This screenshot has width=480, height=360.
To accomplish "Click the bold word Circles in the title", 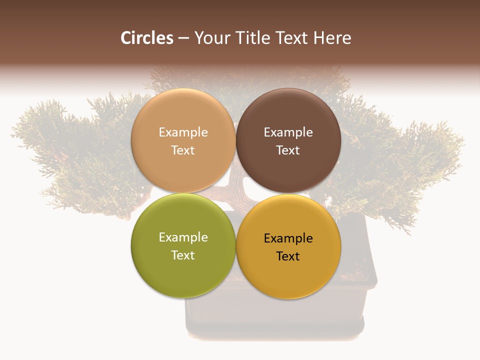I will pos(147,38).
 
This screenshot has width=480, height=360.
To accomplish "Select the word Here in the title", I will pos(332,38).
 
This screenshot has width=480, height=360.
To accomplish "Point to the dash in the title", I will pos(183,38).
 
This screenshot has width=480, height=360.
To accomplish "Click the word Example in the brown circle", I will pos(288,132).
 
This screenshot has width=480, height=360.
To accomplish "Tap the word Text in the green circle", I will pos(183,255).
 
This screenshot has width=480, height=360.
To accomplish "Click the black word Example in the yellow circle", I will pos(288,238).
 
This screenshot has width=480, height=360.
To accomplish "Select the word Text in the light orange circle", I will pos(183,150).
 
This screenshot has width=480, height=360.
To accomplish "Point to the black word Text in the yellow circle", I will pos(288,256).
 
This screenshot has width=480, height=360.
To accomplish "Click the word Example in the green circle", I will pos(183,237).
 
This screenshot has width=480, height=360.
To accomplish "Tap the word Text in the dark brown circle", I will pos(288,150).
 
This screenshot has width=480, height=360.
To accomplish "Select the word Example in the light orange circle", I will pos(183,132).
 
